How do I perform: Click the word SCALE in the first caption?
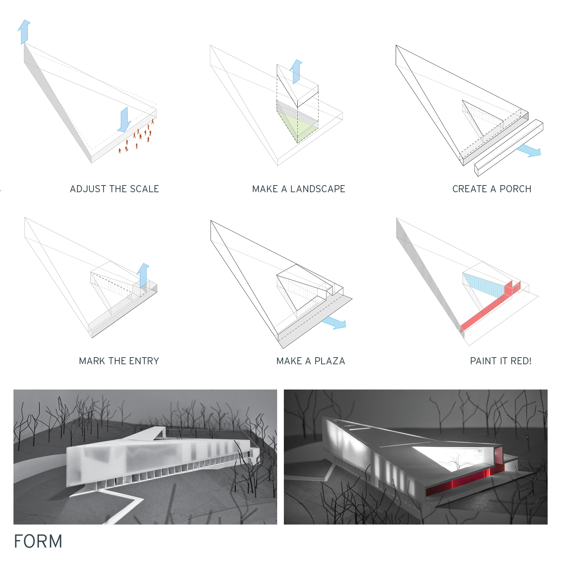[144, 189]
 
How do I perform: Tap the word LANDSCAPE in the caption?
[318, 189]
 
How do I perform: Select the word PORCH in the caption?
[515, 189]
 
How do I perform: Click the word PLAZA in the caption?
[329, 361]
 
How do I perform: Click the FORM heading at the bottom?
[38, 541]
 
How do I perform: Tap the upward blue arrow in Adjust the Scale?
[24, 32]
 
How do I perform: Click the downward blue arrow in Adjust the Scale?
[124, 120]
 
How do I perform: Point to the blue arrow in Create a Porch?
[529, 150]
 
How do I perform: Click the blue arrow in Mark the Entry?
[143, 275]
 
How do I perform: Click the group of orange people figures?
[137, 137]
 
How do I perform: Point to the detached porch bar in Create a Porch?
[509, 147]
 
